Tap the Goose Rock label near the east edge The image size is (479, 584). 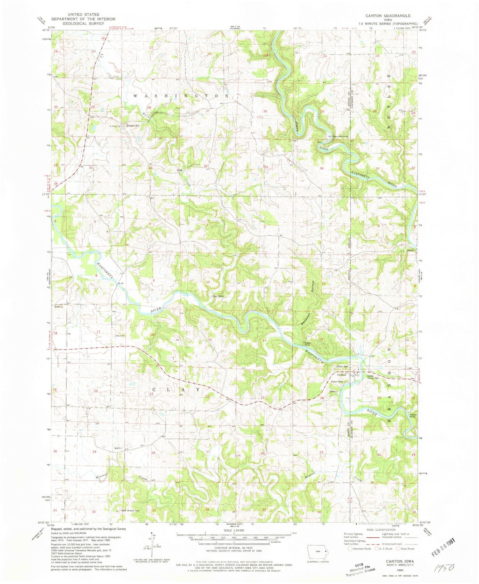pos(412,416)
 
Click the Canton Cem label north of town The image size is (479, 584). pos(342,366)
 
